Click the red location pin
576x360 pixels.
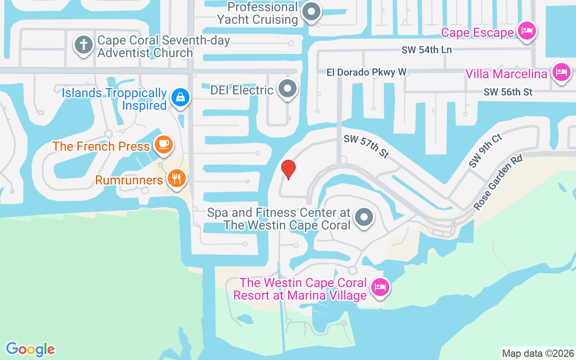(x=288, y=169)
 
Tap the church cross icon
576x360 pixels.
(x=83, y=45)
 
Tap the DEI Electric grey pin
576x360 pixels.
(x=288, y=89)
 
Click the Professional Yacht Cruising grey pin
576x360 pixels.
(x=310, y=12)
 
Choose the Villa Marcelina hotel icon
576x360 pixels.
(x=561, y=72)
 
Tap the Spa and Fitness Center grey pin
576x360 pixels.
(x=364, y=217)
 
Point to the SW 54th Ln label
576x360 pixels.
(x=427, y=50)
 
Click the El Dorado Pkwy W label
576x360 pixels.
(x=367, y=72)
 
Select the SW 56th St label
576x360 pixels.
(x=508, y=92)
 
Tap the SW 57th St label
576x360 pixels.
(x=366, y=146)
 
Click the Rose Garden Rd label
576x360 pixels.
(x=498, y=182)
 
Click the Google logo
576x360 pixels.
(x=30, y=349)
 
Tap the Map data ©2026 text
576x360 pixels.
(x=538, y=353)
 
